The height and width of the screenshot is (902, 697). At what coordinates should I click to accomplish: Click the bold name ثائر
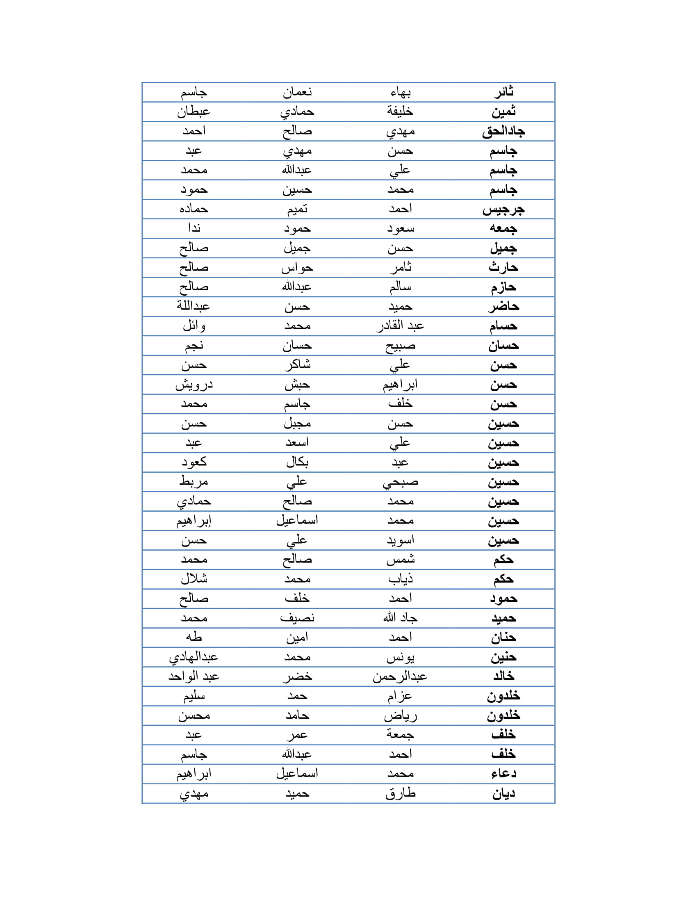tap(503, 92)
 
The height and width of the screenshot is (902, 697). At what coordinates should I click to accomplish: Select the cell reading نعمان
tap(297, 92)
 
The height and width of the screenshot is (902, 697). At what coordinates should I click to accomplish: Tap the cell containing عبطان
tap(193, 112)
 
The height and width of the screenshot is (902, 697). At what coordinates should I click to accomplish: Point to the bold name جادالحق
tap(503, 131)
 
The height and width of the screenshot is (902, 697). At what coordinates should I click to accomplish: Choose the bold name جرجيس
tap(503, 210)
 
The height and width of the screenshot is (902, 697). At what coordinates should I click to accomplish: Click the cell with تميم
tap(297, 210)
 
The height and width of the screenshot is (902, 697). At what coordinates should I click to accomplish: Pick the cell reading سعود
tap(400, 228)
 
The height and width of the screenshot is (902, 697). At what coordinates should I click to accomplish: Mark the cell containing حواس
tap(297, 268)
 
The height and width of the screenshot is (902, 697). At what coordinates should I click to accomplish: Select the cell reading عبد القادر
tap(400, 326)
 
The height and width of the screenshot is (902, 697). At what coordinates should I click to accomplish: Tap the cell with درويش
tap(193, 385)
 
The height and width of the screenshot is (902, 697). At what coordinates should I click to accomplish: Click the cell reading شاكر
tap(297, 365)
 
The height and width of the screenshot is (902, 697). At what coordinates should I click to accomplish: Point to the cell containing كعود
tap(193, 462)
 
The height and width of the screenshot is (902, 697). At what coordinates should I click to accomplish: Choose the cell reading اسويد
tap(400, 540)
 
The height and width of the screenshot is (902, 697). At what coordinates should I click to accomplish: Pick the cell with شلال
tap(193, 579)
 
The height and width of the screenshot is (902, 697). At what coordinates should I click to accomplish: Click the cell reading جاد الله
tap(400, 618)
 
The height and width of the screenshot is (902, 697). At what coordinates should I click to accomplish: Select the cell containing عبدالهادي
tap(193, 657)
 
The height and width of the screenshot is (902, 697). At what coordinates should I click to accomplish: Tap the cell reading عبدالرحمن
tap(400, 676)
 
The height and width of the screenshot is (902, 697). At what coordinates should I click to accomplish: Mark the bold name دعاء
tap(503, 774)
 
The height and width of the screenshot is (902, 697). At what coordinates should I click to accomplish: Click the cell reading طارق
tap(400, 793)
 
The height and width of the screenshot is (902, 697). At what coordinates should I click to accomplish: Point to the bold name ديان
tap(503, 793)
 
